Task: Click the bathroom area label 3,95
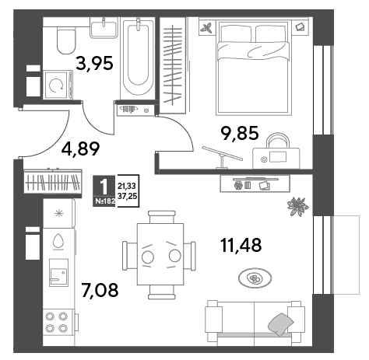(95, 64)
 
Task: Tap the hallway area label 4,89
(80, 149)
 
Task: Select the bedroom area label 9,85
(240, 133)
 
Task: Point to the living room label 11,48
(241, 245)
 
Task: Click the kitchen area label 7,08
(100, 290)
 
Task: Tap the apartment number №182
(104, 201)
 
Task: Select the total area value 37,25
(127, 196)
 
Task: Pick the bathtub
(138, 58)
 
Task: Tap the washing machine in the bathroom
(58, 85)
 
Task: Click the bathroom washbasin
(104, 30)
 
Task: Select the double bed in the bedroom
(253, 68)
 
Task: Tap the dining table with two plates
(160, 255)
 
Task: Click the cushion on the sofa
(281, 323)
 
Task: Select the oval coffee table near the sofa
(255, 278)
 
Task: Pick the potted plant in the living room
(297, 206)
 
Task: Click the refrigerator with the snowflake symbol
(59, 213)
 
